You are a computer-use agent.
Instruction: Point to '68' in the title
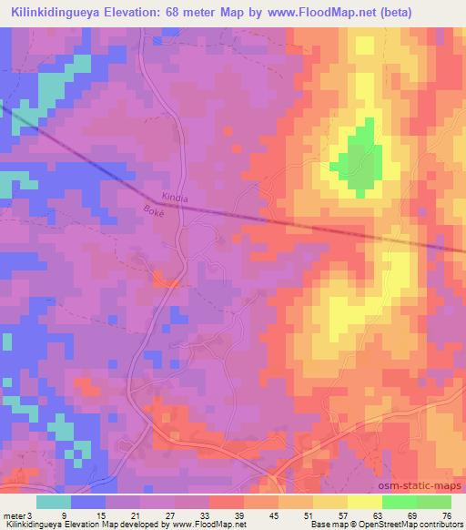click(x=191, y=13)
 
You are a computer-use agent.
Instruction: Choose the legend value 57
click(x=343, y=515)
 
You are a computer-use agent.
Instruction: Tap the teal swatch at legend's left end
click(x=54, y=502)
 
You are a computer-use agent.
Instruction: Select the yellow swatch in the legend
click(x=364, y=502)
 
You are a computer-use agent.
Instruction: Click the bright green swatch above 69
click(x=399, y=502)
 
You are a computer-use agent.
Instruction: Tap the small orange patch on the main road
click(x=166, y=279)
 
